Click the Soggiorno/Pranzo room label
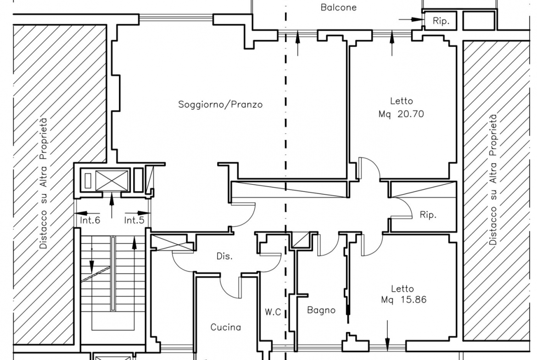tap(220, 105)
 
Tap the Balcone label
tap(338, 7)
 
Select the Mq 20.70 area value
tap(401, 114)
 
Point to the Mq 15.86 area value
tap(404, 300)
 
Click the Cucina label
tap(226, 327)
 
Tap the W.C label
tap(273, 312)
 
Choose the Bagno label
tap(321, 310)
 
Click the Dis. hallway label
tap(224, 256)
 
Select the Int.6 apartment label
tap(90, 221)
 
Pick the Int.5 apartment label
tap(134, 221)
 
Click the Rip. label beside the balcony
tap(441, 21)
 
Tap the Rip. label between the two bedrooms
tap(428, 215)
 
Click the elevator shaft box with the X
tap(112, 180)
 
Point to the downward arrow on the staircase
tap(91, 258)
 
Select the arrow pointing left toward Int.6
tap(84, 213)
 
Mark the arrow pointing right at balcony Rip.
tap(411, 20)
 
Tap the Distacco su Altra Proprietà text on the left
tap(44, 183)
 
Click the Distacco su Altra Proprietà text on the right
tap(493, 180)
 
